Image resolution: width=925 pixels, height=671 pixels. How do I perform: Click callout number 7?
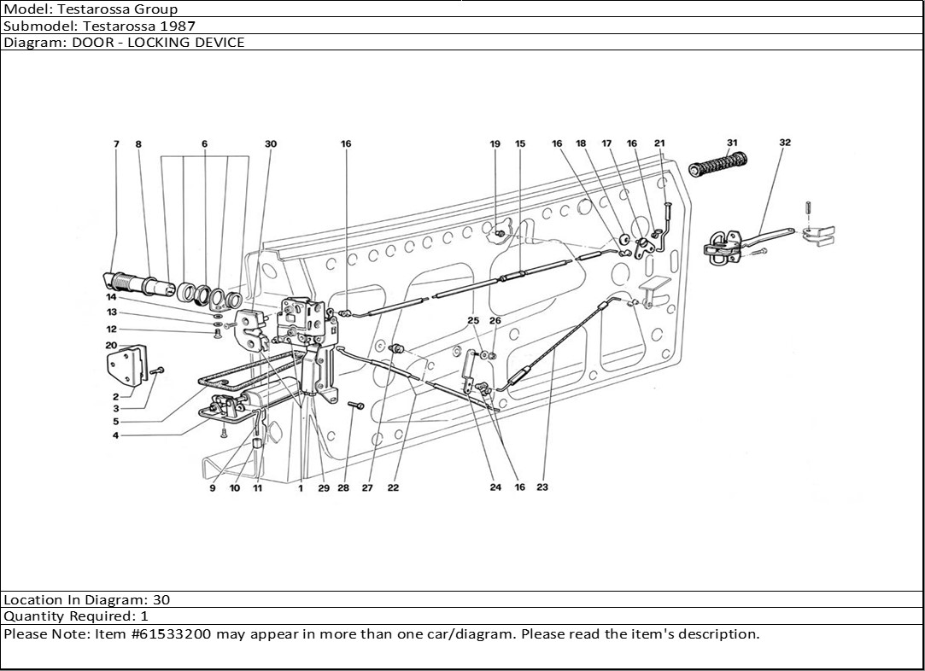coord(116,144)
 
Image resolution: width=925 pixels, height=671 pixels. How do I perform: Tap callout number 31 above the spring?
coord(732,143)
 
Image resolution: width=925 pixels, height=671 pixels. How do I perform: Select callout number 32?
coord(785,143)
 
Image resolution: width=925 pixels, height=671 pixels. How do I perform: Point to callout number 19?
coord(495,144)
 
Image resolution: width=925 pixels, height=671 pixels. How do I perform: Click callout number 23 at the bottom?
coord(542,487)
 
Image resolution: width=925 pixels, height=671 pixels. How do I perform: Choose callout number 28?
coord(343,489)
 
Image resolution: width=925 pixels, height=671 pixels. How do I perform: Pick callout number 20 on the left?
coord(111,345)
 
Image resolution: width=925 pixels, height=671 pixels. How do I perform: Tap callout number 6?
coord(205,144)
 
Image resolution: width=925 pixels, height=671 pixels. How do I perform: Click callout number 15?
coord(520,144)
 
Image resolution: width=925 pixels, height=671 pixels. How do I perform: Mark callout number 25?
coord(473,320)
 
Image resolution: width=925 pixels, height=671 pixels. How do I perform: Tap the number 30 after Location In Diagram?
coord(161,600)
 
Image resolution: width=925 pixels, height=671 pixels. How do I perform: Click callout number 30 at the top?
coord(271,144)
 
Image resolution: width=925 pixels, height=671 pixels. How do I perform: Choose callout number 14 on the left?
coord(111,298)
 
